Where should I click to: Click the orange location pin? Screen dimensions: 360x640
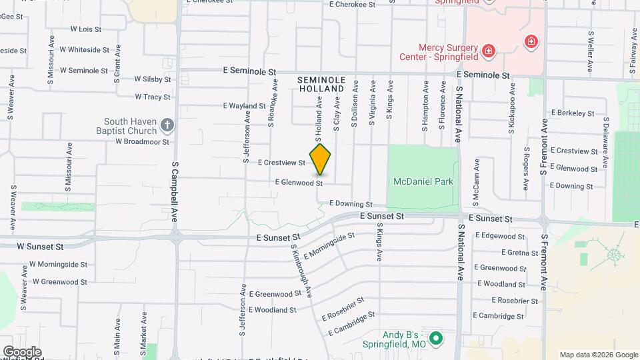[x=321, y=159]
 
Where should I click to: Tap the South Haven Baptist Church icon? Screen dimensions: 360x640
[x=167, y=125]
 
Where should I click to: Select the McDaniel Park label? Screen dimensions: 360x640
[x=423, y=181]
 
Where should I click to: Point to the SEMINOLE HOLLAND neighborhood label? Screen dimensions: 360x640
[x=322, y=84]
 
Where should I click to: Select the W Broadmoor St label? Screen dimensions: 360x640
[x=142, y=141]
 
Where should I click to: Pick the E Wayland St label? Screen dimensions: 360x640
[x=245, y=105]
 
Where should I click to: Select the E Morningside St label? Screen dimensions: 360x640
[x=329, y=246]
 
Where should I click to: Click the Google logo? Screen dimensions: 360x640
[x=22, y=351]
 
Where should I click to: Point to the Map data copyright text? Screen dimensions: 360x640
[x=597, y=355]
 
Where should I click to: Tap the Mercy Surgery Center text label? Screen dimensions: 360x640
[x=448, y=52]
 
